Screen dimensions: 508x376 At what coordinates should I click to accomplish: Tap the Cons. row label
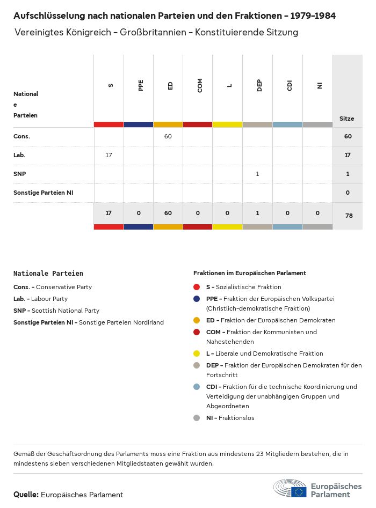(21, 136)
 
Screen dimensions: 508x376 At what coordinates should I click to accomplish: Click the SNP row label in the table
(19, 174)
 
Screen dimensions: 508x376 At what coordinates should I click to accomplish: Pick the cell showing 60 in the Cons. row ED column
(168, 136)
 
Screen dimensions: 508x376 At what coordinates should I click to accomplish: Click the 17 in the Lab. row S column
(109, 155)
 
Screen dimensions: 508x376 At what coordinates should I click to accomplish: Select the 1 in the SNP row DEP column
(258, 174)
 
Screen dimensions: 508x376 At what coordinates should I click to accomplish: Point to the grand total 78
(348, 215)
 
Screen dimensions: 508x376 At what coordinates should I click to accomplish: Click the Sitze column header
(347, 119)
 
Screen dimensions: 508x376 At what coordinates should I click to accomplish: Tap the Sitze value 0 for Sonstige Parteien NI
(348, 193)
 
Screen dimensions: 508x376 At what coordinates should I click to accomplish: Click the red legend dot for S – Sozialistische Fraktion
(197, 287)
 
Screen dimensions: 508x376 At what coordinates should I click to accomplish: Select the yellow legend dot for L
(197, 354)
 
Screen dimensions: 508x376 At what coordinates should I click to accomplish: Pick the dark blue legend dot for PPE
(197, 299)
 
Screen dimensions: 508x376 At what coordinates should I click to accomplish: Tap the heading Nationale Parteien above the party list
(48, 273)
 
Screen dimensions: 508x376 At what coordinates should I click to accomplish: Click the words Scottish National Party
(65, 311)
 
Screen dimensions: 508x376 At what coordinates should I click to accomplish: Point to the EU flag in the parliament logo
(299, 491)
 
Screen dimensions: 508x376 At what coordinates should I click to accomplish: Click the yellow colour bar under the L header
(227, 124)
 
